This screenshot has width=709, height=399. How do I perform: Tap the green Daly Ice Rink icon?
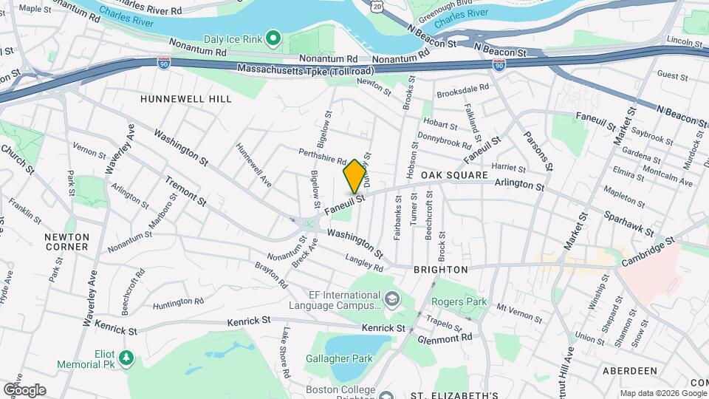pos(273,36)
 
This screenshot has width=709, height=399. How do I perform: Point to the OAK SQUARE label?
pos(455,175)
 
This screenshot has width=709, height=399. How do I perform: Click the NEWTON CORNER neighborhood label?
pos(66,242)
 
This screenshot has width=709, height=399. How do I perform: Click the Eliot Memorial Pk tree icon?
pos(127,358)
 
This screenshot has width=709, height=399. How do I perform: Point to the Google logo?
pos(24,389)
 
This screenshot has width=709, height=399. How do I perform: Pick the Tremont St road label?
pos(185,191)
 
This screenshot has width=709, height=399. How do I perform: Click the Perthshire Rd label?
pos(323,156)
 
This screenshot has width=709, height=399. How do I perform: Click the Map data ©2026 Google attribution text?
pos(663,392)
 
